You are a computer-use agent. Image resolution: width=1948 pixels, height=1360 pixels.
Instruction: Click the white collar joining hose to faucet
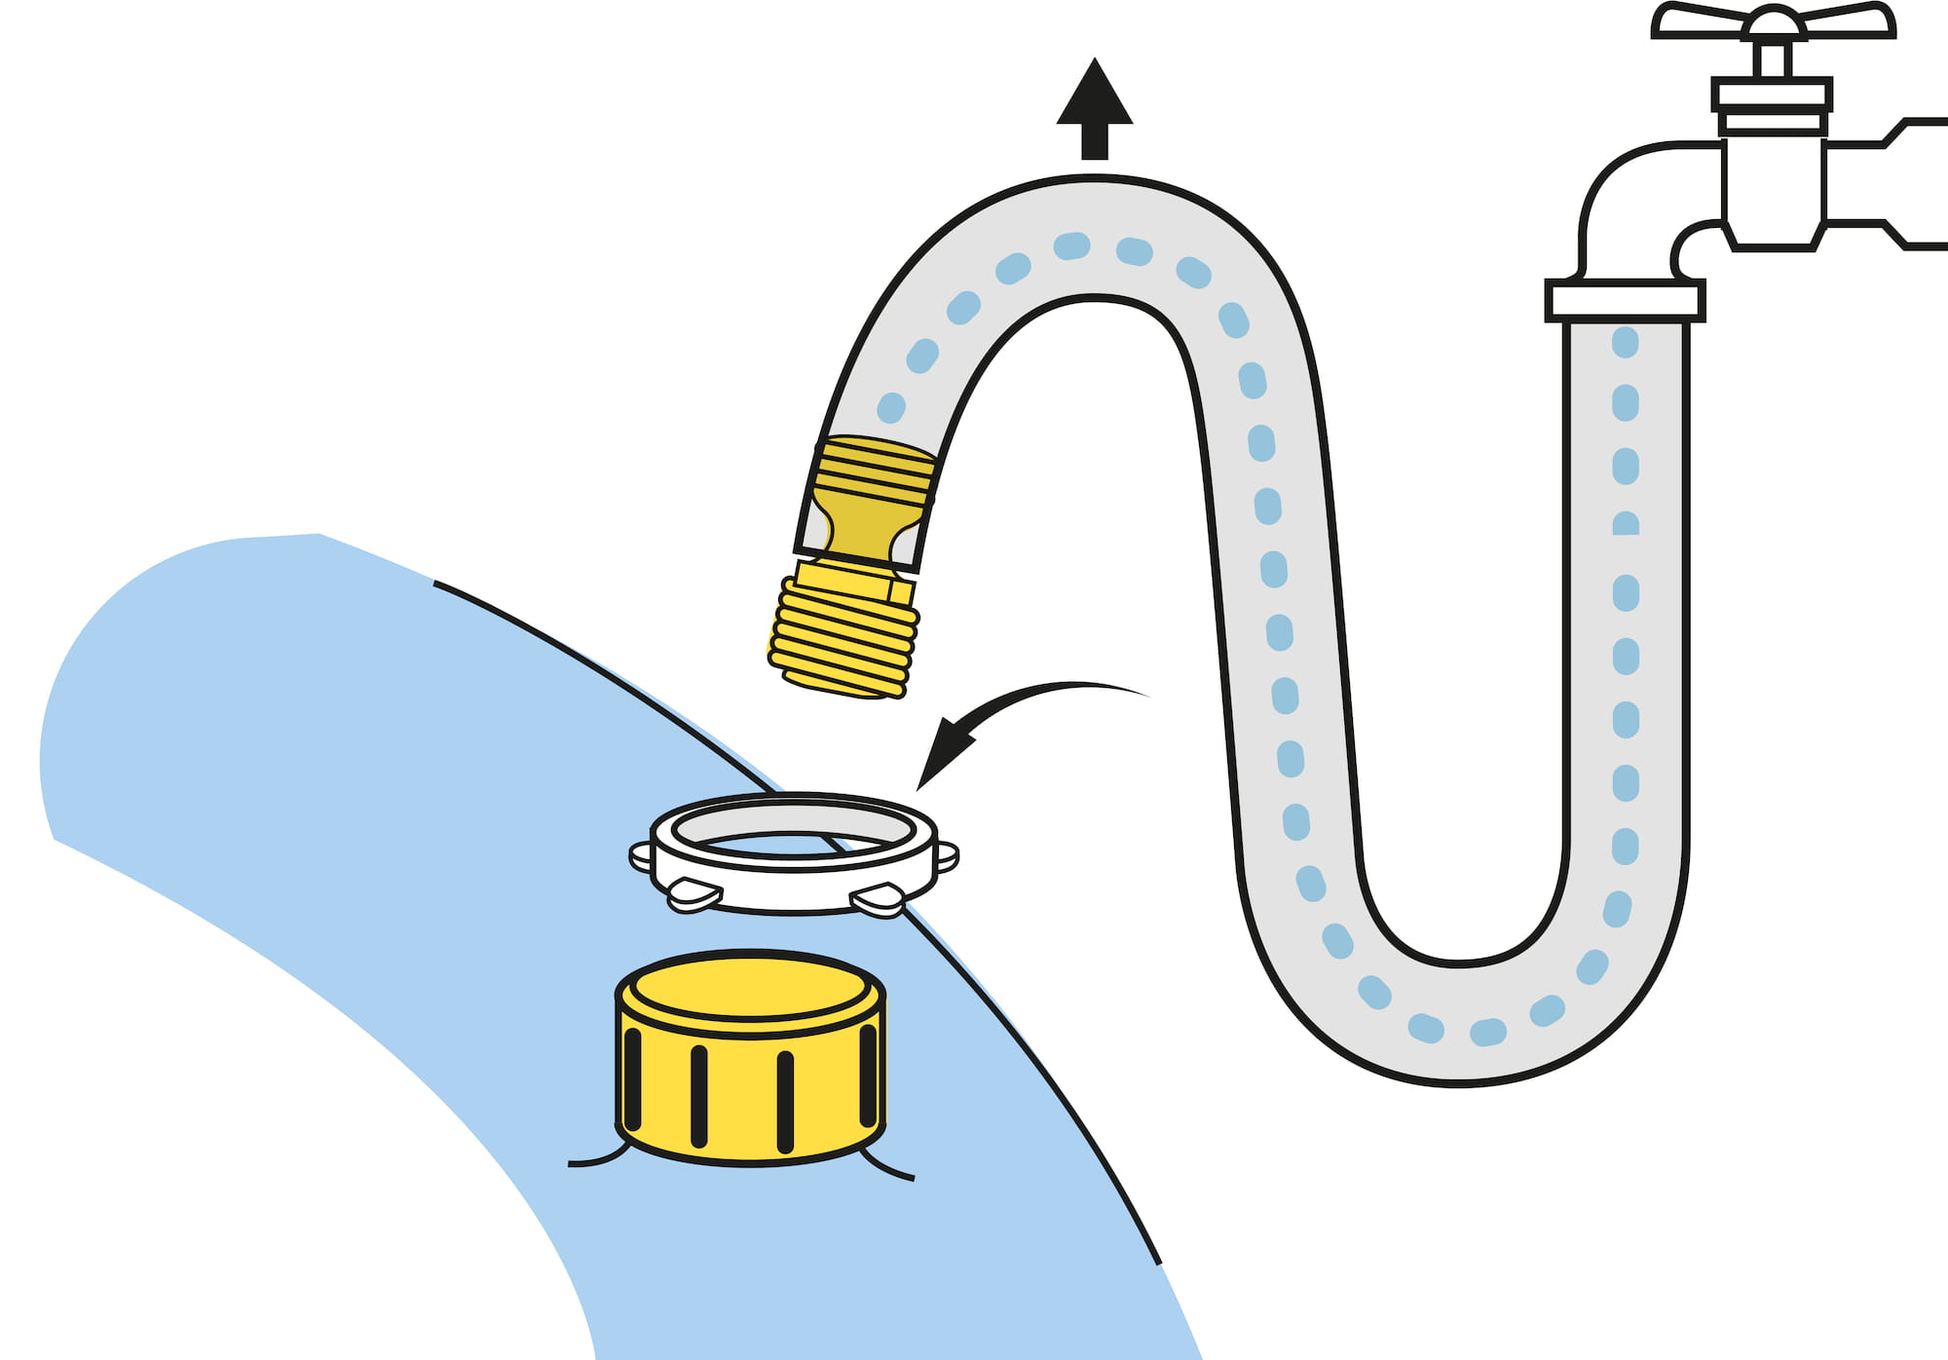1625,300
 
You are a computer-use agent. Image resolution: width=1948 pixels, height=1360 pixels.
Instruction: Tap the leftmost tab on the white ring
641,857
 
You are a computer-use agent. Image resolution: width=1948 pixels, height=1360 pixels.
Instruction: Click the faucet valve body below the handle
1773,190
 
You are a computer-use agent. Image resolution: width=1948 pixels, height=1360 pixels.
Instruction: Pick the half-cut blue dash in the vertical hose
1625,523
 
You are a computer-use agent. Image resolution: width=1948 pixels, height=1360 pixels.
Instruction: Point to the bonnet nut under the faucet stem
1772,105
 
